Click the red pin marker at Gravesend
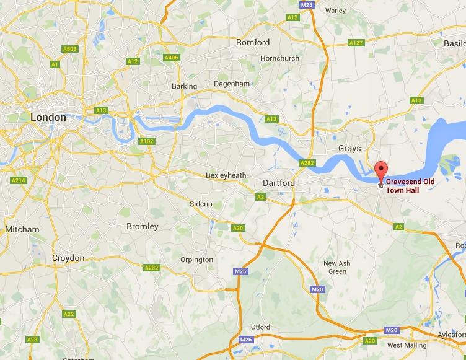click(x=382, y=169)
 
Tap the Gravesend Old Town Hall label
click(x=411, y=186)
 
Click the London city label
click(x=48, y=117)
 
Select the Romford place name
click(x=253, y=42)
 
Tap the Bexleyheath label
click(x=226, y=175)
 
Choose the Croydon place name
click(x=68, y=258)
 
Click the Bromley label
click(x=143, y=226)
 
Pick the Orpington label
click(x=196, y=260)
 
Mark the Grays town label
click(x=349, y=149)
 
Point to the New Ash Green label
click(x=337, y=267)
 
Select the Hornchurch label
click(x=279, y=58)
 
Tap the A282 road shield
click(x=307, y=163)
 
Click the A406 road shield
click(x=172, y=58)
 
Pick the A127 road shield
click(x=356, y=43)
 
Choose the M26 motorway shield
click(x=246, y=339)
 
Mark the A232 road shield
click(x=151, y=268)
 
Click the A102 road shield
click(x=146, y=141)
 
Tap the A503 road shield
click(x=69, y=49)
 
